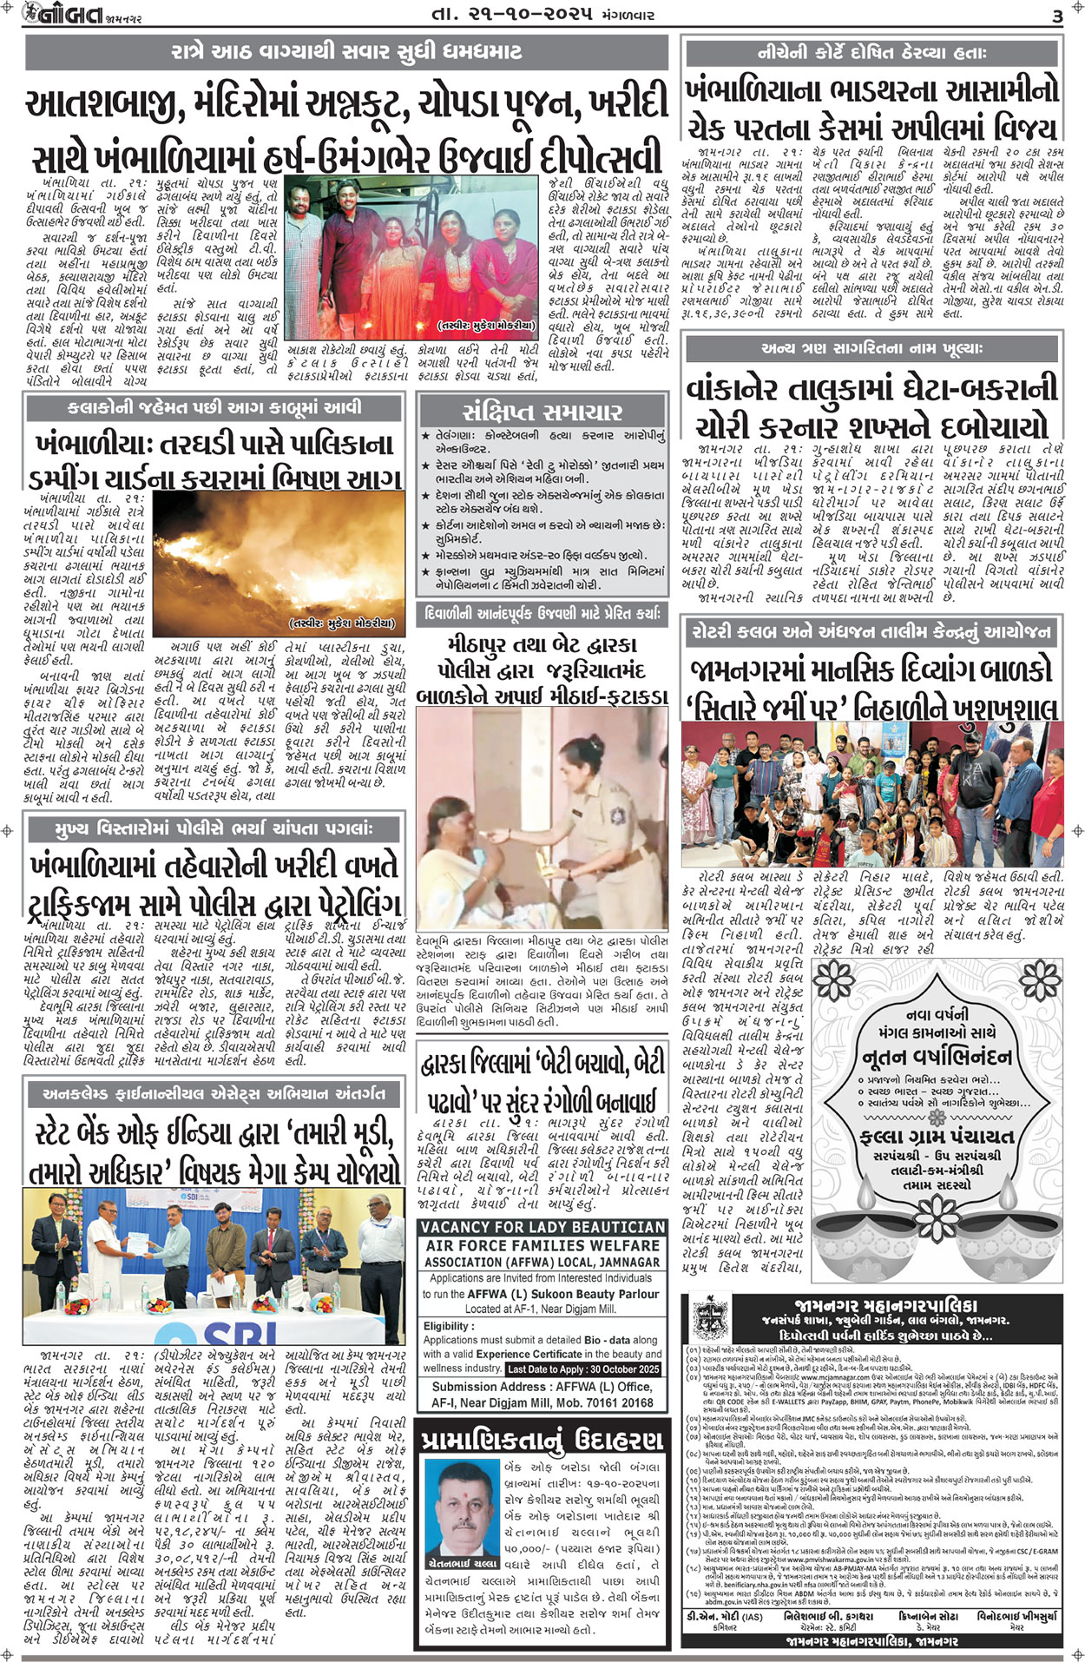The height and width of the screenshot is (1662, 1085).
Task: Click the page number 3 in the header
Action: [x=1056, y=16]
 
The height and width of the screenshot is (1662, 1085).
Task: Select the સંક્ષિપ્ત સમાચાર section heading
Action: [x=542, y=411]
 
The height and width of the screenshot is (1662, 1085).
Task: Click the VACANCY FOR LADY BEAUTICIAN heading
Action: [x=542, y=1227]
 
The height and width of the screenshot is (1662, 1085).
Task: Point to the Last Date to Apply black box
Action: [x=584, y=1369]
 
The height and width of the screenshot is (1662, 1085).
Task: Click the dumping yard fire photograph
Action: [x=279, y=563]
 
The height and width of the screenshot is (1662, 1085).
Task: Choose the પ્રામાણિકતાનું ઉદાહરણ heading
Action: [x=542, y=1441]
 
